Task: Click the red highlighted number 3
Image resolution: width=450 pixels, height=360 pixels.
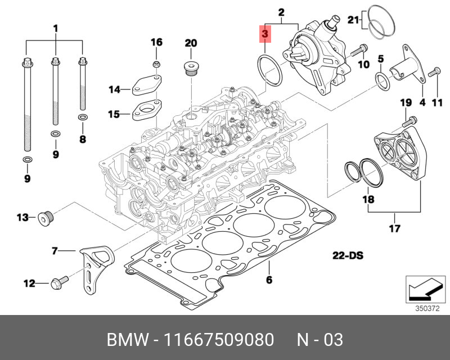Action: click(x=264, y=34)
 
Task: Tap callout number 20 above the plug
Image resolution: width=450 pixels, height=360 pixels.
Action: click(x=191, y=43)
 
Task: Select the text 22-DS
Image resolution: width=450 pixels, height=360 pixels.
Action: click(x=348, y=256)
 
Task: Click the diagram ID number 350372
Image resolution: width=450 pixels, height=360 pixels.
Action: click(x=426, y=308)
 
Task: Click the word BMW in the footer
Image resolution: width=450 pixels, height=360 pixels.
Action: click(x=125, y=340)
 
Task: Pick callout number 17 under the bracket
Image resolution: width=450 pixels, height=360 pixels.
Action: click(x=394, y=228)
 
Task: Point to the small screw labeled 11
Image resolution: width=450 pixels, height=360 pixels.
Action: click(x=433, y=73)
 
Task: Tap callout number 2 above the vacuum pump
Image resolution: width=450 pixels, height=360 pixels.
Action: click(x=281, y=12)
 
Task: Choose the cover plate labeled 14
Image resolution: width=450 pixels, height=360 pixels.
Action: click(x=146, y=84)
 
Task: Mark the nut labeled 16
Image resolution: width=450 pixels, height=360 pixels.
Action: click(x=157, y=64)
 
